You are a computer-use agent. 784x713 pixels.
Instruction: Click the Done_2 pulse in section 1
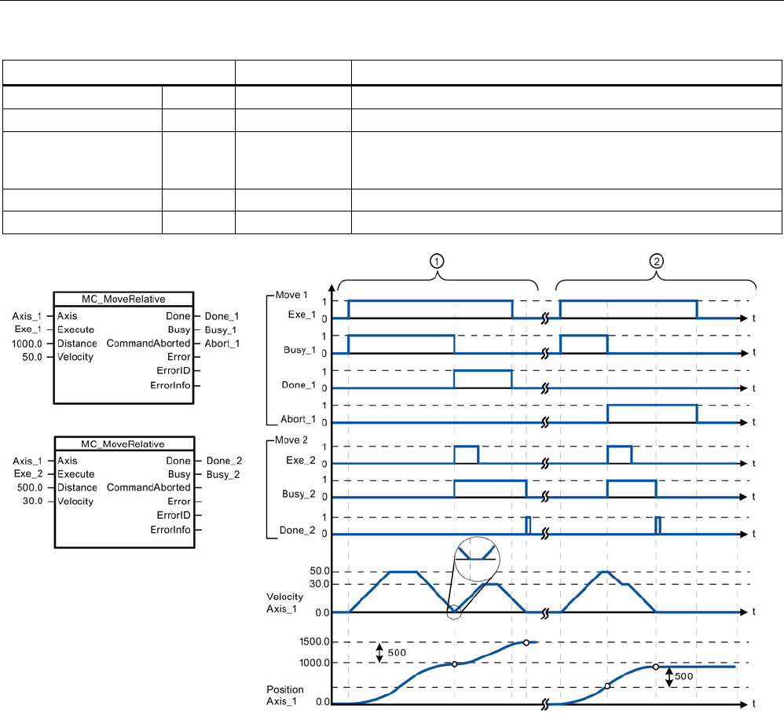[x=528, y=525]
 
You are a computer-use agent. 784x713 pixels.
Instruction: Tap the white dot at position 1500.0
[x=526, y=642]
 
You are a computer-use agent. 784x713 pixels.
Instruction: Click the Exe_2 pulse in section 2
[x=619, y=455]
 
